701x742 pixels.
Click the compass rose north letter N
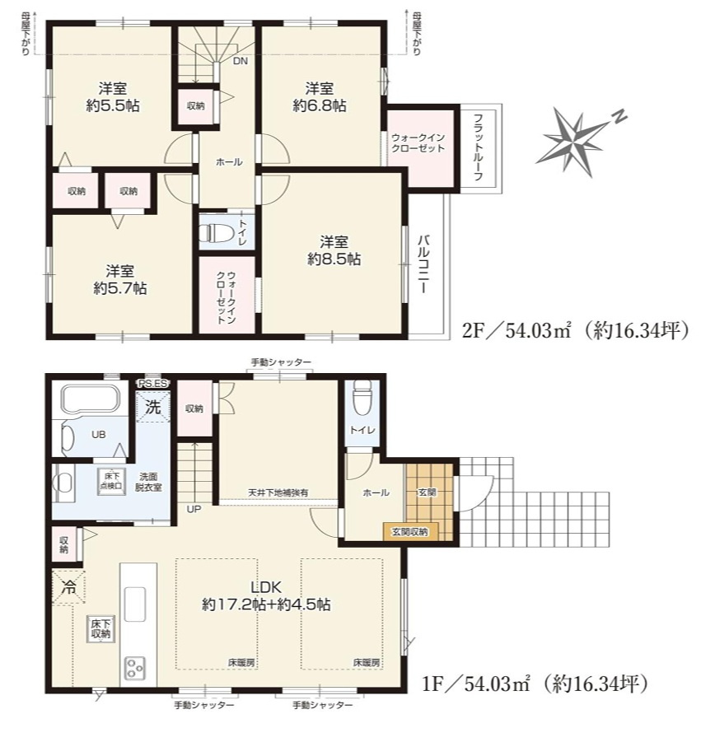(619, 116)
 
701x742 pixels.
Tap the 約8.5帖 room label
(334, 251)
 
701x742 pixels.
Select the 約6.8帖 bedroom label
(320, 97)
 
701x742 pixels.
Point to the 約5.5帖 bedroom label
(113, 97)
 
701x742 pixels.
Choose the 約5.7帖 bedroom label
(119, 280)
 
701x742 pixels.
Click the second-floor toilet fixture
(215, 232)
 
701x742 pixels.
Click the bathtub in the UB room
(91, 398)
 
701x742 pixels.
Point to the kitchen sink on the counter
(135, 604)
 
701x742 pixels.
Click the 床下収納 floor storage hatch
(100, 629)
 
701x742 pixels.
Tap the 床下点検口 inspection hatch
(112, 481)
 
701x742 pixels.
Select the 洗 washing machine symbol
(152, 407)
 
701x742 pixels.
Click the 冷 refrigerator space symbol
(69, 587)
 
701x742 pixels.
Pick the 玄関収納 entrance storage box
(410, 531)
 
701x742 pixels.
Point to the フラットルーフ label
(478, 147)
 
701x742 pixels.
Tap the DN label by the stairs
(240, 61)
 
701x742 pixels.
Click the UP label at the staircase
(194, 509)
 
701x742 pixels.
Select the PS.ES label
(152, 383)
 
